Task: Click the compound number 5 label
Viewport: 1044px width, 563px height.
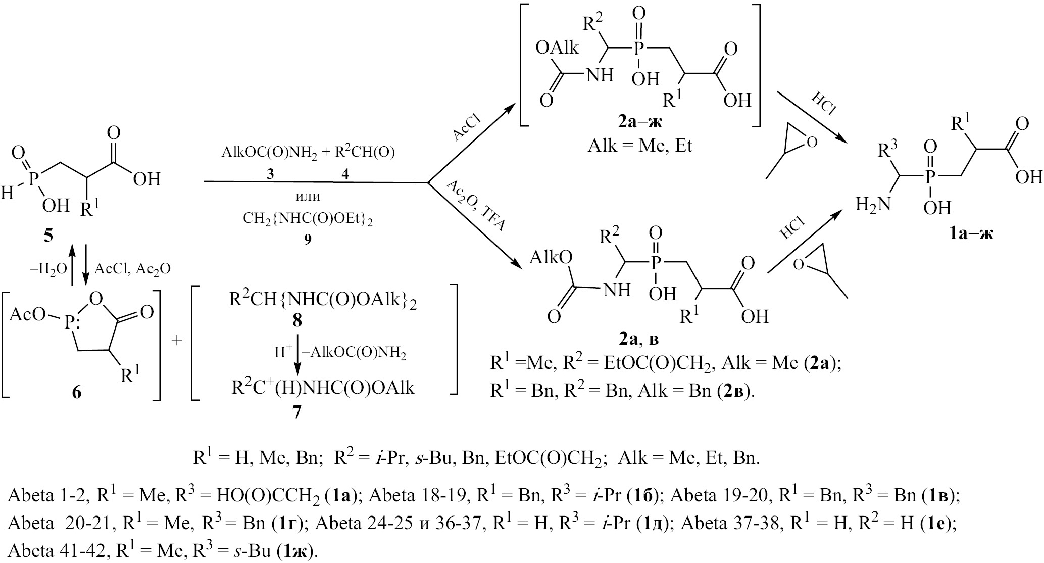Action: tap(48, 236)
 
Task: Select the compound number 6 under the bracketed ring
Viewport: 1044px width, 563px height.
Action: tap(76, 392)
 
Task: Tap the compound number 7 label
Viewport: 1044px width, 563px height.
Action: tap(297, 413)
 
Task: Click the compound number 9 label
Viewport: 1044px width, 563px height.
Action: tap(308, 239)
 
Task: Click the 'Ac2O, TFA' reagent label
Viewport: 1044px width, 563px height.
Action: tap(475, 206)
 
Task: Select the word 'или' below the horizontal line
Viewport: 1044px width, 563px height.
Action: tap(308, 196)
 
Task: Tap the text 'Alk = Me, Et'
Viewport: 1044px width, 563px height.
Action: tap(640, 146)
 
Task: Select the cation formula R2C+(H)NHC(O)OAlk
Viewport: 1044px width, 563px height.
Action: tap(323, 388)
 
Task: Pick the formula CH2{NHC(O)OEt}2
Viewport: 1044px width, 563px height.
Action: tap(308, 219)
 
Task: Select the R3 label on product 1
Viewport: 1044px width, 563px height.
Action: tap(888, 150)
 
